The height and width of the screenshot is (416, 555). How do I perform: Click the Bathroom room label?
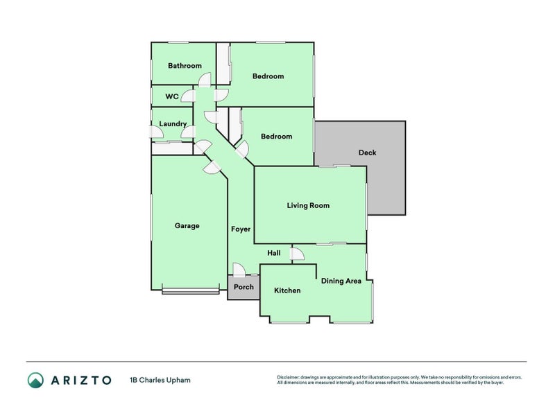185,67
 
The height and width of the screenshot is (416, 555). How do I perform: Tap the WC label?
172,96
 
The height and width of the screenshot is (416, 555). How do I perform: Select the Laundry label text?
173,124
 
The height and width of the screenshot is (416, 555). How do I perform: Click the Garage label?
187,226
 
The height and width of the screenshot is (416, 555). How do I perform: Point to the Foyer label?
240,229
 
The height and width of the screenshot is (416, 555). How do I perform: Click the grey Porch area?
244,287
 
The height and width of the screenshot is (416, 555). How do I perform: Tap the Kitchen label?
287,291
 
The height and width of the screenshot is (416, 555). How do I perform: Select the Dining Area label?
341,281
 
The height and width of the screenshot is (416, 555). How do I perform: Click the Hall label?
274,254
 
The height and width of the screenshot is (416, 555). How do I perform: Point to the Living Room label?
308,206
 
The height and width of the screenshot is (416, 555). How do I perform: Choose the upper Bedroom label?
268,76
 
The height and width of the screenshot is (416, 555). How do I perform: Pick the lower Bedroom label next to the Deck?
276,137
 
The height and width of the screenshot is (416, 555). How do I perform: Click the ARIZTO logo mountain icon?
35,380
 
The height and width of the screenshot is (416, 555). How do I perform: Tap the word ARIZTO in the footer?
80,380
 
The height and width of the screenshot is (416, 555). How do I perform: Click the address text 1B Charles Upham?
160,380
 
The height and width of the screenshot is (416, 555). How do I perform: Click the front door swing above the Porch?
239,270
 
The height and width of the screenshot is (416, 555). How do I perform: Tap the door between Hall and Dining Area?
297,254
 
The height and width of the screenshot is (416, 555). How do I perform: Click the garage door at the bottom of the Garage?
189,291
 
